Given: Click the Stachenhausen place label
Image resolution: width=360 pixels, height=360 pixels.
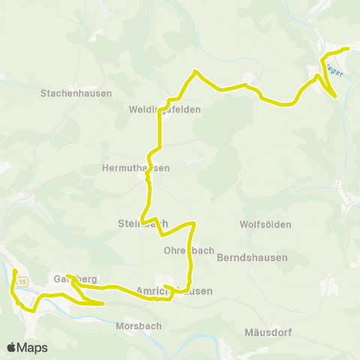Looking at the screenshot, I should [76, 94].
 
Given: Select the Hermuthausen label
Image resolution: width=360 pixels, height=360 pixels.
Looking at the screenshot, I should [136, 168].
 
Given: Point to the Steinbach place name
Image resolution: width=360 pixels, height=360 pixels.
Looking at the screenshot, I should [142, 223].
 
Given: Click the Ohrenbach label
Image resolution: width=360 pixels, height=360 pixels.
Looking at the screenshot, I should [189, 250].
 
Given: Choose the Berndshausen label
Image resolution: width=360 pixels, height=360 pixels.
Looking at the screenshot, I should [248, 257].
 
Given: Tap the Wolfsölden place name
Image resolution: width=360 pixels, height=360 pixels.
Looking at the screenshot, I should [265, 224].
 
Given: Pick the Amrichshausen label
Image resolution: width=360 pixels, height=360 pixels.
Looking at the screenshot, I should [175, 291].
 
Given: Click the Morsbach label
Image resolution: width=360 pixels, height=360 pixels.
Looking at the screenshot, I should [135, 326].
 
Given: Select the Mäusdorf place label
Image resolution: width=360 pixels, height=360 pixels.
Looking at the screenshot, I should [268, 332].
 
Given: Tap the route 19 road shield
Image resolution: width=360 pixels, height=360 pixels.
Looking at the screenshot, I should [22, 280].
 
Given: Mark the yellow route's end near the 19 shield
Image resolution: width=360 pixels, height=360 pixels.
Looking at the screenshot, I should [15, 270].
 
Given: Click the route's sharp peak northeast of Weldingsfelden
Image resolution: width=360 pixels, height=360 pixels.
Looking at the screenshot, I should [195, 71].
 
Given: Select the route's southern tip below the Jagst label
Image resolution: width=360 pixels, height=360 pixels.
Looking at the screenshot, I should [334, 96].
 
